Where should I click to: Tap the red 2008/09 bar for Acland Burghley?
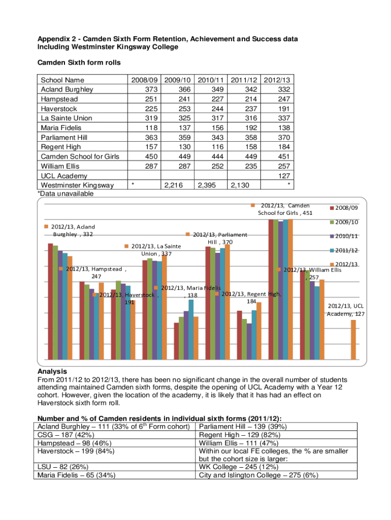pos(50,302)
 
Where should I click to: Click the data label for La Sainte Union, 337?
pos(153,250)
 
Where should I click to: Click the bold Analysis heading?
pos(52,372)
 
